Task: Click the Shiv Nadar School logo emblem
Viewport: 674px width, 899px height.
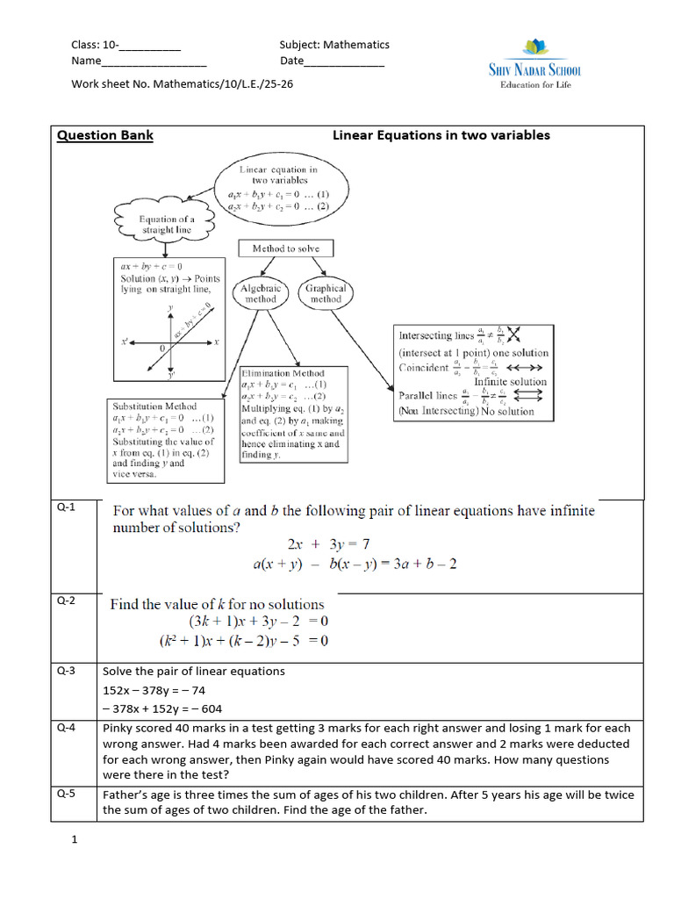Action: point(534,48)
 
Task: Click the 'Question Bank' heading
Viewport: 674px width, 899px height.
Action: point(104,135)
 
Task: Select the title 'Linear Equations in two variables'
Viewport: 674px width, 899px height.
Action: point(441,135)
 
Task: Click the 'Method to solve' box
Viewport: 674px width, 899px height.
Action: point(286,248)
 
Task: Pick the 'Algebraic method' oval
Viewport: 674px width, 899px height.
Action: point(261,293)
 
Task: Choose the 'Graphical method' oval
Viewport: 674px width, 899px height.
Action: point(326,293)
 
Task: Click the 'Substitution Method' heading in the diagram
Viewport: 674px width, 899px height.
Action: point(154,406)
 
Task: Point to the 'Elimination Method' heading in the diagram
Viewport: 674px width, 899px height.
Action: point(283,373)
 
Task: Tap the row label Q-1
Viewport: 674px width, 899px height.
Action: point(67,507)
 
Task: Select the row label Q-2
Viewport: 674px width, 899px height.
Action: point(67,601)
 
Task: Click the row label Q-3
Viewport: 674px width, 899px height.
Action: point(67,671)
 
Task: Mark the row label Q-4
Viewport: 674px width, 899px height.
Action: point(67,728)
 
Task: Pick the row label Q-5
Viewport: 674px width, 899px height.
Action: point(67,794)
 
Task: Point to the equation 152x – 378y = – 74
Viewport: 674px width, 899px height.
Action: point(154,690)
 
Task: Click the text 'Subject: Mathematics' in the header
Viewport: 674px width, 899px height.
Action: point(334,45)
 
